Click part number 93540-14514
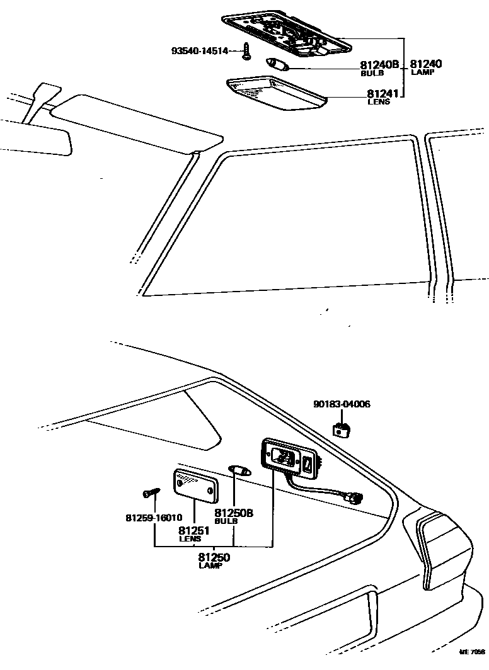[x=204, y=50]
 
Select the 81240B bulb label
[x=379, y=65]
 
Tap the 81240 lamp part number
[x=426, y=64]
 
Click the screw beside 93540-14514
[x=246, y=53]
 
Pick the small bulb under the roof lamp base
[x=276, y=64]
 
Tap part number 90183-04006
[x=342, y=404]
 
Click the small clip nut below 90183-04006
[x=341, y=429]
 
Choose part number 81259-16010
[x=154, y=518]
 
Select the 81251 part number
[x=190, y=530]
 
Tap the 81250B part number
[x=233, y=513]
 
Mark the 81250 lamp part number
[x=214, y=557]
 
